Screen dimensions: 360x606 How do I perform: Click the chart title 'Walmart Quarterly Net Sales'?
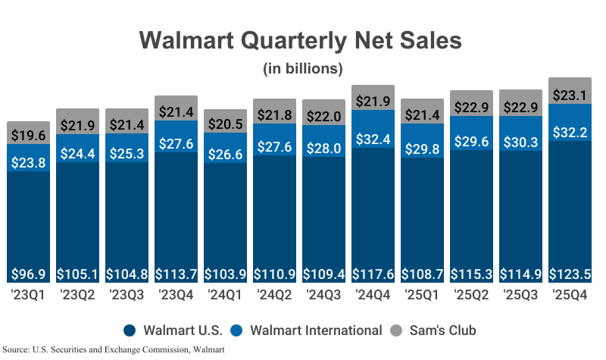(303, 39)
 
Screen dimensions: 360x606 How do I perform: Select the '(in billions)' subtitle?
(303, 69)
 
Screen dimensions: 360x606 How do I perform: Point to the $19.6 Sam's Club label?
(29, 135)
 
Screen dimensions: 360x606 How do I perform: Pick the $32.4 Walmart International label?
(373, 118)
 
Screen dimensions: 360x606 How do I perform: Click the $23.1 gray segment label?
(570, 95)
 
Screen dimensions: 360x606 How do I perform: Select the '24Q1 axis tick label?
(225, 294)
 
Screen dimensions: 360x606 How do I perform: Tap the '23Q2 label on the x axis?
(77, 294)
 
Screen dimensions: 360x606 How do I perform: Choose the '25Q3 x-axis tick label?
(520, 294)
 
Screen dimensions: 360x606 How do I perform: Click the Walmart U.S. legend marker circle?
(130, 330)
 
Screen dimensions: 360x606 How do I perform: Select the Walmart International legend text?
(317, 330)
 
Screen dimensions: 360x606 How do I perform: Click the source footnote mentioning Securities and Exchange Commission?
(114, 349)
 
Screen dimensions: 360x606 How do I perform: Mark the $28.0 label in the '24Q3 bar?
(323, 148)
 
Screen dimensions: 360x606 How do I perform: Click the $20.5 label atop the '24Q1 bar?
(225, 124)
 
